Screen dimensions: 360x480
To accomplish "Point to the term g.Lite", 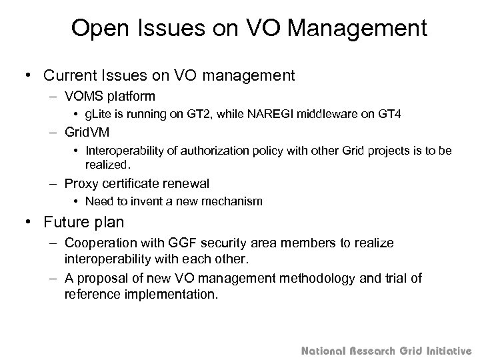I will click(x=100, y=114).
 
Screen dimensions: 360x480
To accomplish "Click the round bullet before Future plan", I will click(x=30, y=223).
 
